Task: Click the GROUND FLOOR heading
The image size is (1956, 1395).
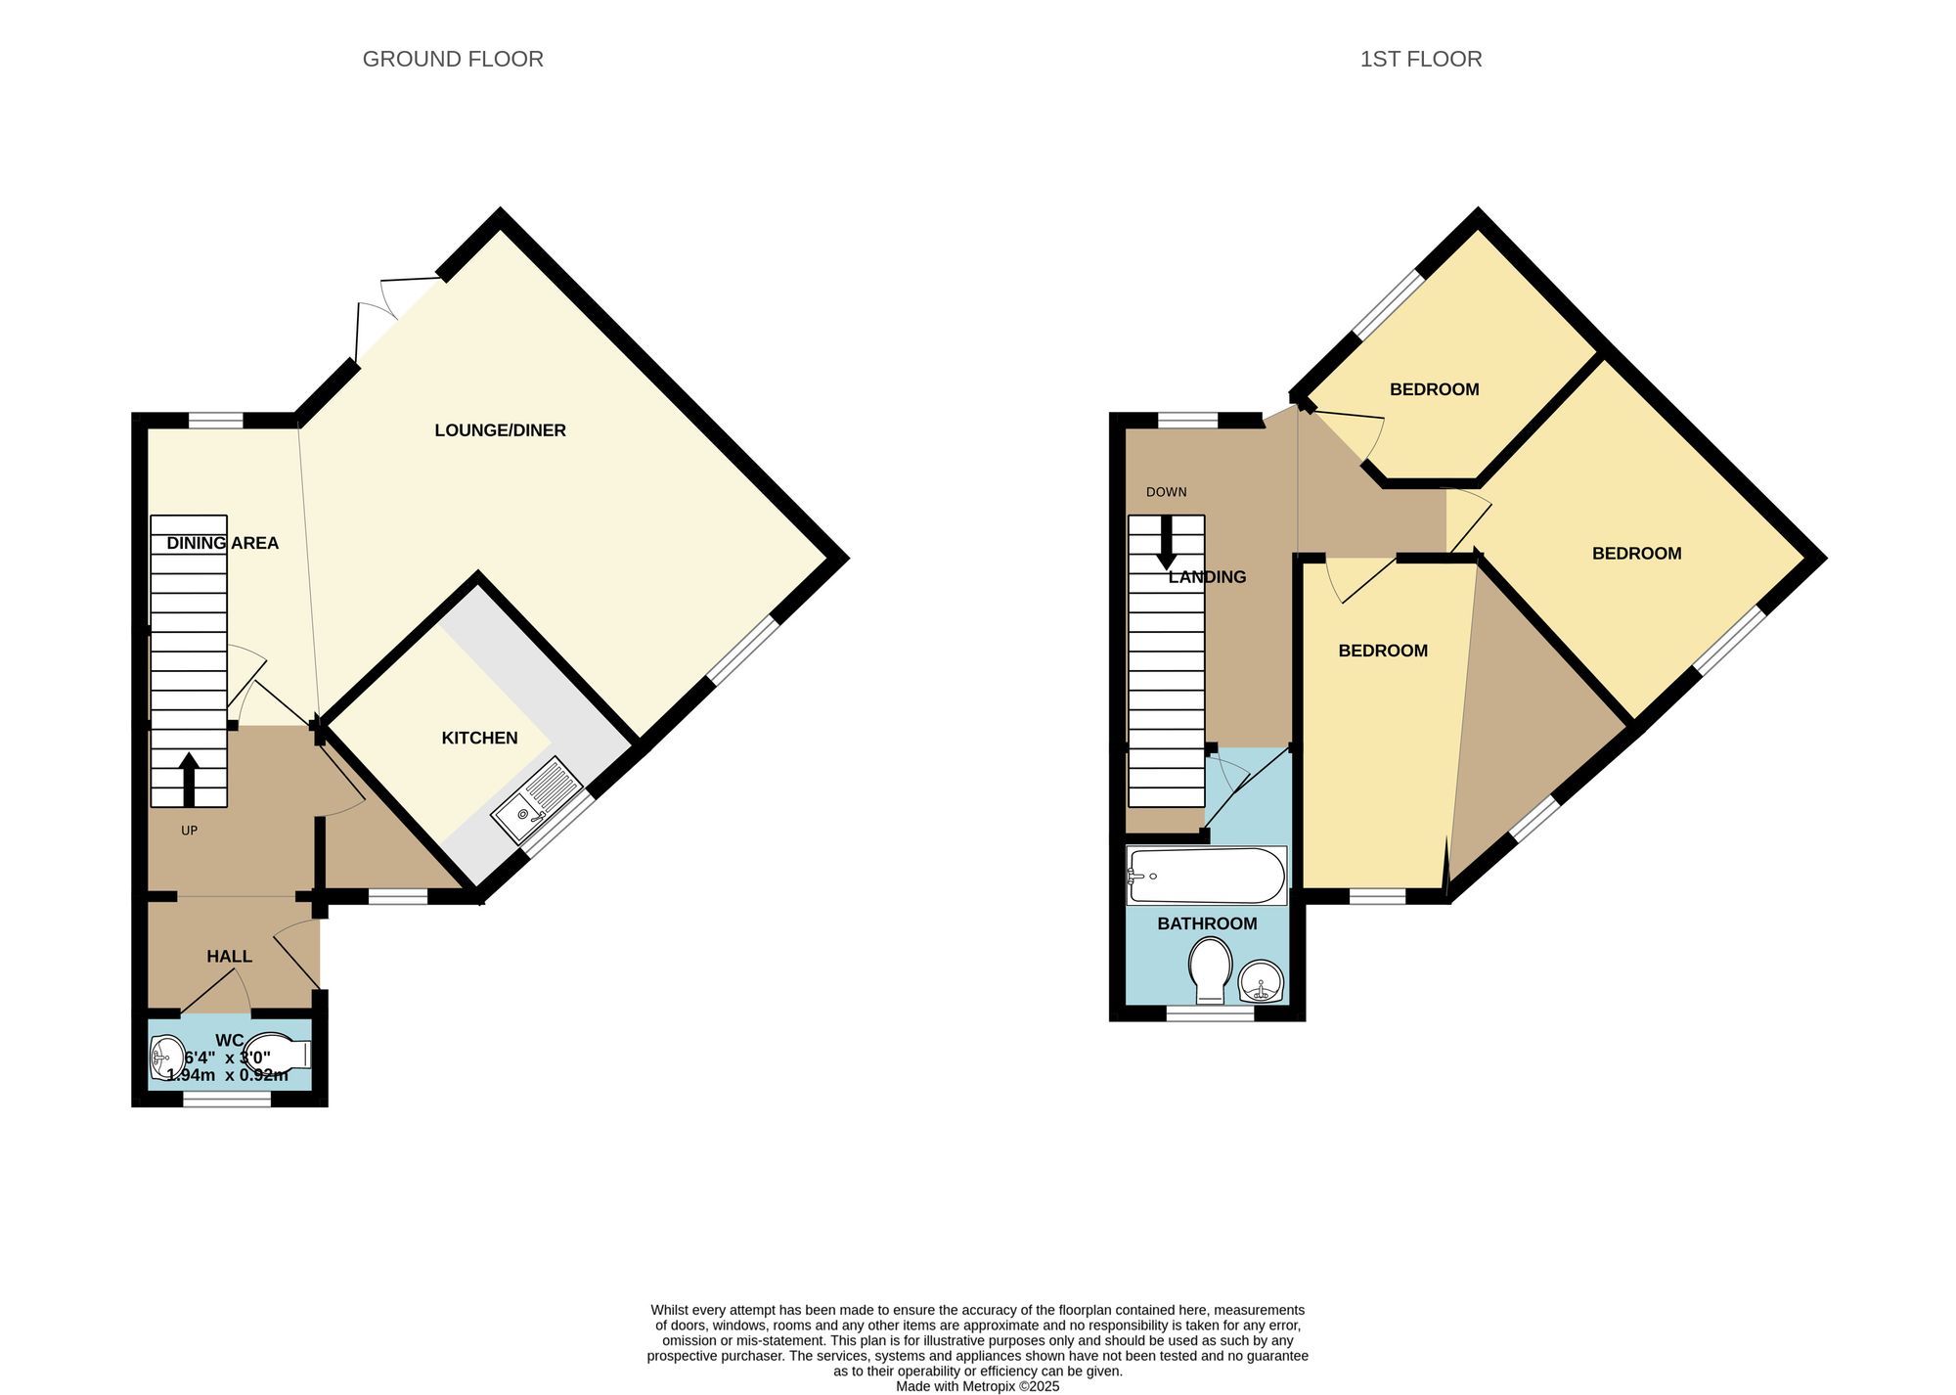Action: click(453, 60)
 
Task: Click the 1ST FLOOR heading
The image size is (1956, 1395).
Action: click(1420, 60)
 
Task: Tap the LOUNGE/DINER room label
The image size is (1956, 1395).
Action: click(500, 430)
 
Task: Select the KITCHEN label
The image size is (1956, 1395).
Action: click(479, 739)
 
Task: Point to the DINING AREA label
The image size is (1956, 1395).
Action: click(222, 543)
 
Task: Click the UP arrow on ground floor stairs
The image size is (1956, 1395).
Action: click(189, 779)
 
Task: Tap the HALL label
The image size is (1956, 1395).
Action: click(229, 957)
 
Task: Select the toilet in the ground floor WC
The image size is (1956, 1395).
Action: click(279, 1055)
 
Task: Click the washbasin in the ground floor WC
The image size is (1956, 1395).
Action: click(167, 1057)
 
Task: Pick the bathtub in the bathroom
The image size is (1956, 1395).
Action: click(1206, 876)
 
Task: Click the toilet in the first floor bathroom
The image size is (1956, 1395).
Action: click(1210, 968)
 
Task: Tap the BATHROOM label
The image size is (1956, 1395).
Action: click(1207, 923)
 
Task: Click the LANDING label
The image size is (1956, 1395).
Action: click(1207, 577)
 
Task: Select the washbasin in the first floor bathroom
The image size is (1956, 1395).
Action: click(1262, 981)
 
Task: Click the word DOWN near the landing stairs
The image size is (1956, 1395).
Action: click(1166, 492)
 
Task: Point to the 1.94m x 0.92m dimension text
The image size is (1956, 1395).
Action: click(228, 1075)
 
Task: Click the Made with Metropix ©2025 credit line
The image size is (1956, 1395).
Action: click(977, 1386)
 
